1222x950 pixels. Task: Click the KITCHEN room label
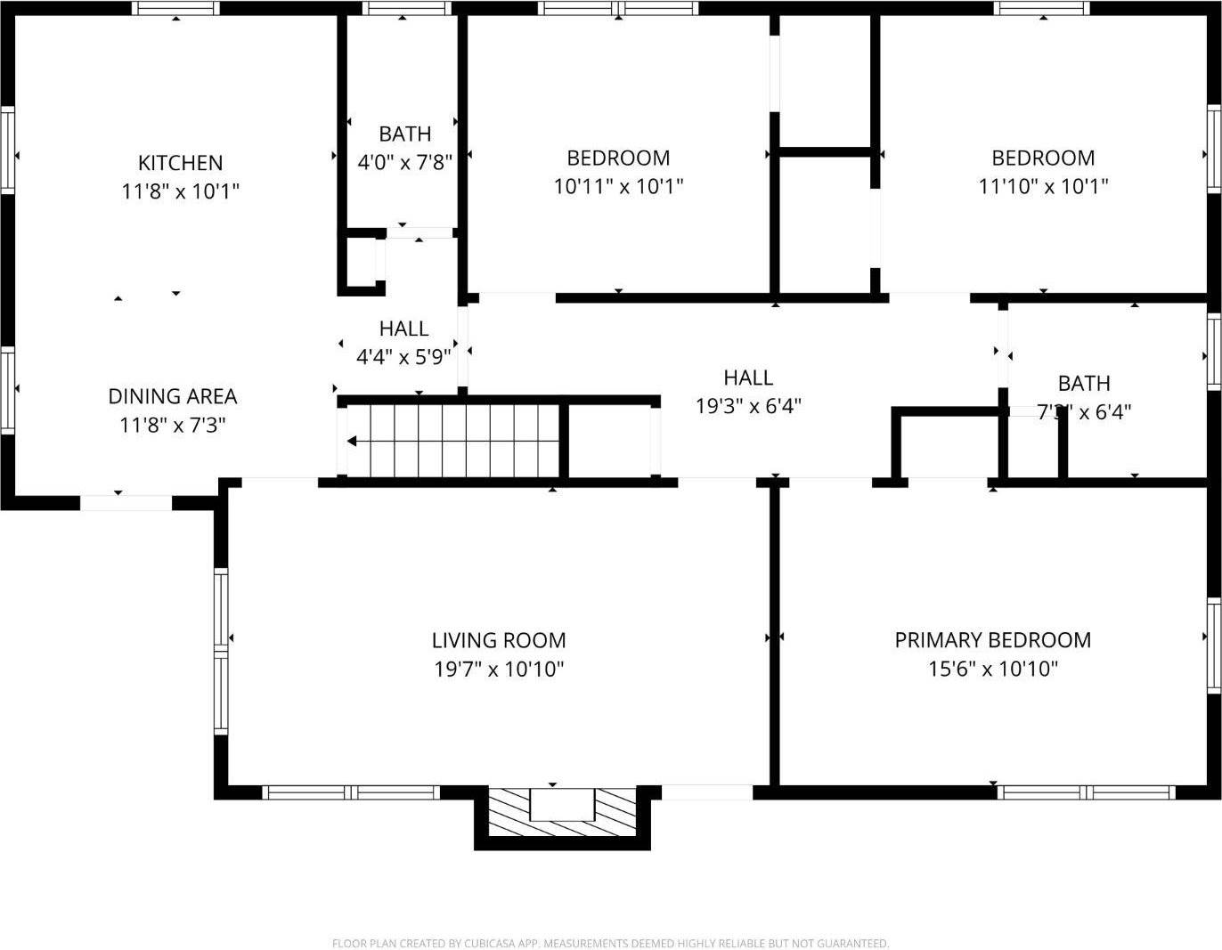pos(180,163)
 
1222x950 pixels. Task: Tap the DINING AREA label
pos(173,396)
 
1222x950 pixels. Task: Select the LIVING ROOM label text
pos(499,640)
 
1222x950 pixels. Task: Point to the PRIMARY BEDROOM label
pos(992,640)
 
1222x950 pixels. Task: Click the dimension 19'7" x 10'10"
pos(499,669)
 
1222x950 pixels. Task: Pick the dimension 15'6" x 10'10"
pos(992,669)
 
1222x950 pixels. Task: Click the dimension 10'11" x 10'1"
pos(618,186)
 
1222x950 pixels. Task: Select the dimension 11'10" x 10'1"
pos(1043,186)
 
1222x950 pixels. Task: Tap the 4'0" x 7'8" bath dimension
pos(404,162)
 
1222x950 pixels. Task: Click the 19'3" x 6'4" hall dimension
pos(748,406)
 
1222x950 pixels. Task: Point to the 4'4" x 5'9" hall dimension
pos(403,357)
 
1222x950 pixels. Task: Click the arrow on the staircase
pos(353,441)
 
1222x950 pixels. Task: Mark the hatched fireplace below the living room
pos(562,814)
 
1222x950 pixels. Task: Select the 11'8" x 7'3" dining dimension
pos(173,425)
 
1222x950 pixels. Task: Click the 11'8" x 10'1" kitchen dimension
pos(180,191)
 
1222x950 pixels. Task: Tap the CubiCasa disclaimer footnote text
pos(610,943)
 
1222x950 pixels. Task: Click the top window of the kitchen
pos(175,9)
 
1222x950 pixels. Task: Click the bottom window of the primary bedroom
pos(1085,792)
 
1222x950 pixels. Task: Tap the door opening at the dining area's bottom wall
pos(126,503)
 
